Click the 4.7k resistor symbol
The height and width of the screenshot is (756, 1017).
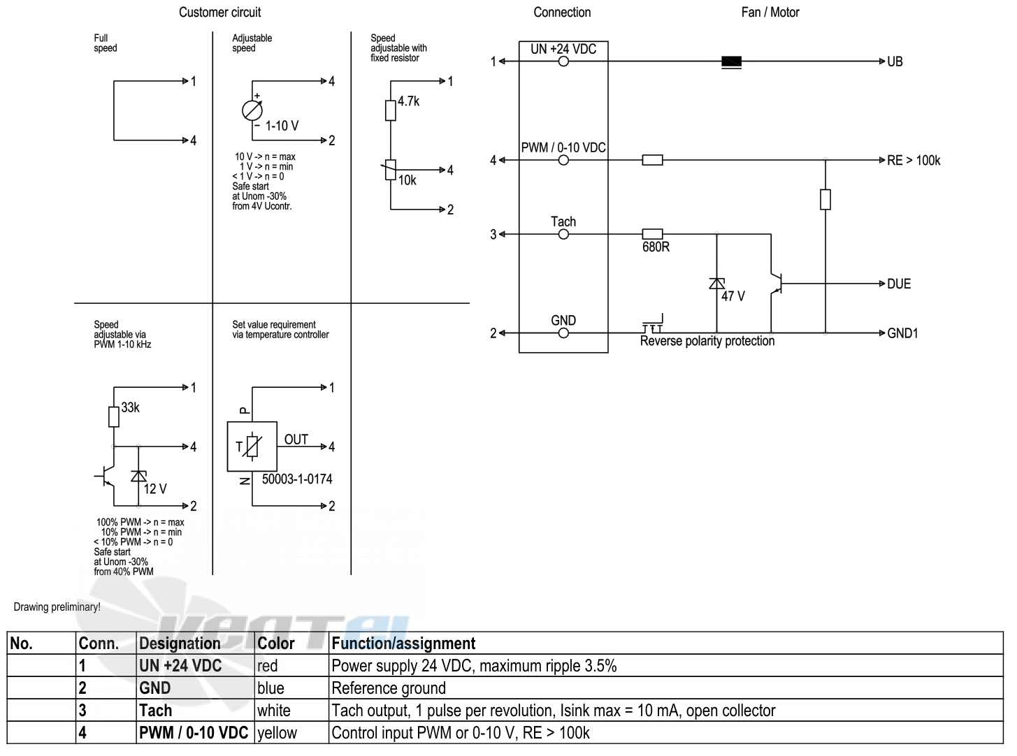point(390,110)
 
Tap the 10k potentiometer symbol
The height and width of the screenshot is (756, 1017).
point(390,170)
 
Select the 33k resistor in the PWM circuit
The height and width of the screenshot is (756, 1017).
point(114,416)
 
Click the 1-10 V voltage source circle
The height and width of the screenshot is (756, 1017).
point(252,110)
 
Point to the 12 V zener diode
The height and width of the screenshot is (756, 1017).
point(138,477)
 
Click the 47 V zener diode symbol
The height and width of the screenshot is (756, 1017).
point(716,284)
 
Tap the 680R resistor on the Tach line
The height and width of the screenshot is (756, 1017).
point(652,234)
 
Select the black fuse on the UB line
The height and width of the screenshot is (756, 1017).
point(731,62)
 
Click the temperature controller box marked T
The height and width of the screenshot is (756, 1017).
point(252,446)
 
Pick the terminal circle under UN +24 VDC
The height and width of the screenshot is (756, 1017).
point(563,61)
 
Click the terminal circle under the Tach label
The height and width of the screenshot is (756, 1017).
point(563,234)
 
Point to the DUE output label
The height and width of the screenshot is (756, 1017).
point(899,284)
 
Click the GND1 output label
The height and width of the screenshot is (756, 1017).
point(902,333)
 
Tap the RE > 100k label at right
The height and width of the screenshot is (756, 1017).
point(914,161)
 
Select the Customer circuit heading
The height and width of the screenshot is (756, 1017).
point(219,13)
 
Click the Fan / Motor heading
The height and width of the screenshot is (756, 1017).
point(770,13)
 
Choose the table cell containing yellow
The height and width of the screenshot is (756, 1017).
point(291,732)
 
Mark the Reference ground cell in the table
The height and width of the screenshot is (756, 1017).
point(666,688)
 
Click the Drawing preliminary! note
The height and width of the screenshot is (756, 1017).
point(57,607)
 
